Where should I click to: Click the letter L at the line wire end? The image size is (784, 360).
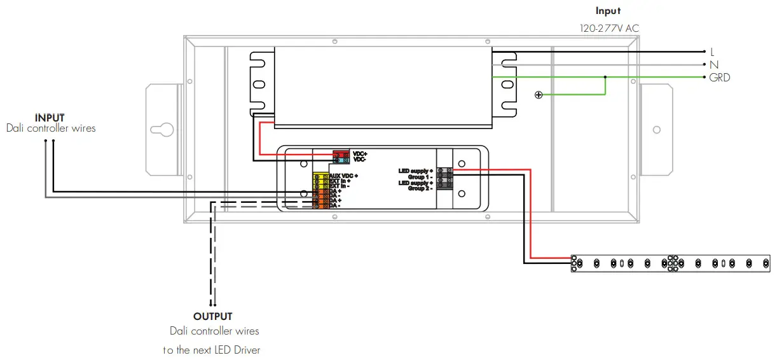tap(713, 52)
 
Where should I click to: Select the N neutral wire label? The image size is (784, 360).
tap(714, 64)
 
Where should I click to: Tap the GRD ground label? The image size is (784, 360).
tap(720, 78)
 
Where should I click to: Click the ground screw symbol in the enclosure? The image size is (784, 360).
tap(539, 95)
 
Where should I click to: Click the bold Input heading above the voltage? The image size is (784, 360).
tap(608, 11)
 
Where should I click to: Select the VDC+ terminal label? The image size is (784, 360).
tap(360, 154)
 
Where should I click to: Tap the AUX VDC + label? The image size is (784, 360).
tap(344, 176)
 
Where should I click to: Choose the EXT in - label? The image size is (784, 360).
tap(340, 186)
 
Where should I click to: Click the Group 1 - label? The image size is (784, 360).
tap(420, 177)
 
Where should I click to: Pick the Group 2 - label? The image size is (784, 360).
tap(420, 188)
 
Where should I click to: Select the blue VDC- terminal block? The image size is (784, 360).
tap(341, 160)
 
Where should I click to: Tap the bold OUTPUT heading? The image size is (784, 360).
tap(213, 316)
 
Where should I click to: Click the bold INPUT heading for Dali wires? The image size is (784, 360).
tap(50, 118)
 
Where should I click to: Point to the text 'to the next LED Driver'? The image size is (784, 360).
tap(212, 350)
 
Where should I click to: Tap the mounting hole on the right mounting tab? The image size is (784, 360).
tap(657, 129)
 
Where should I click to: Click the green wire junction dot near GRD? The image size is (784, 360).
tap(605, 78)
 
